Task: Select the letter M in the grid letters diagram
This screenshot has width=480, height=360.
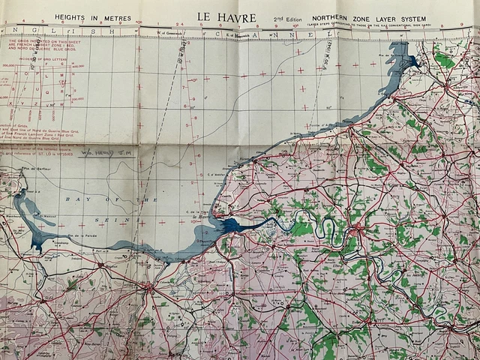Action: tap(52, 76)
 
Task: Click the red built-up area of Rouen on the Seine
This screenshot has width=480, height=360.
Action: tap(362, 225)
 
